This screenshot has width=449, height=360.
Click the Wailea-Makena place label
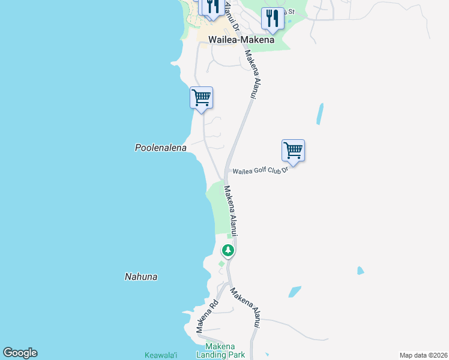pos(241,40)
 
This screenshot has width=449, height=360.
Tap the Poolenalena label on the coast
pos(160,148)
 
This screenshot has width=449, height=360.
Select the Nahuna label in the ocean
pos(141,277)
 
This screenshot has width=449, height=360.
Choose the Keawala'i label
pos(162,355)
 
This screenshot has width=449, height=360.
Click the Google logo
pos(20,353)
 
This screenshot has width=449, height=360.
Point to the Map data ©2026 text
pos(423,355)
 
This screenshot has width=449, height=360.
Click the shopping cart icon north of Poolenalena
pos(201,97)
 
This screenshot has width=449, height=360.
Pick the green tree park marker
pos(228,250)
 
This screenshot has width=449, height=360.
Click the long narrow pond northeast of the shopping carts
pos(320,113)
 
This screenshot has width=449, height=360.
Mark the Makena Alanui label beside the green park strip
pos(231,209)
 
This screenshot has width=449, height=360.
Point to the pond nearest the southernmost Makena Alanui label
pos(295,292)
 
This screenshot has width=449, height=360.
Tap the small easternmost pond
pos(360,271)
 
